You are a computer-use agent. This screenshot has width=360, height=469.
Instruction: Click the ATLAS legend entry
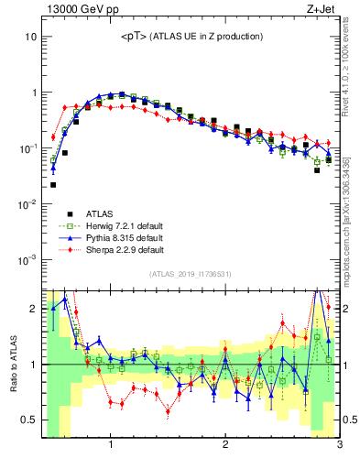point(99,213)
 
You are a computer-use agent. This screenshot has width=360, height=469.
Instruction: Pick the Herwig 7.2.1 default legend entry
point(119,225)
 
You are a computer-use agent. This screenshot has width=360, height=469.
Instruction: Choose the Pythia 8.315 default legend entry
point(119,237)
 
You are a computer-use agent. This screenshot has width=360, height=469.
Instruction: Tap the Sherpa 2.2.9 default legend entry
point(119,249)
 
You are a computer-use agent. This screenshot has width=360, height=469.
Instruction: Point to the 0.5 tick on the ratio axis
point(29,420)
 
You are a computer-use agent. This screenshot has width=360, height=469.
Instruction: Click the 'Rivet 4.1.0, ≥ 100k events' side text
point(351,73)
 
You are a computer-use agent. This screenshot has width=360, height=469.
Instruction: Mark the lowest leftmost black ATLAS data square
point(53,185)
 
